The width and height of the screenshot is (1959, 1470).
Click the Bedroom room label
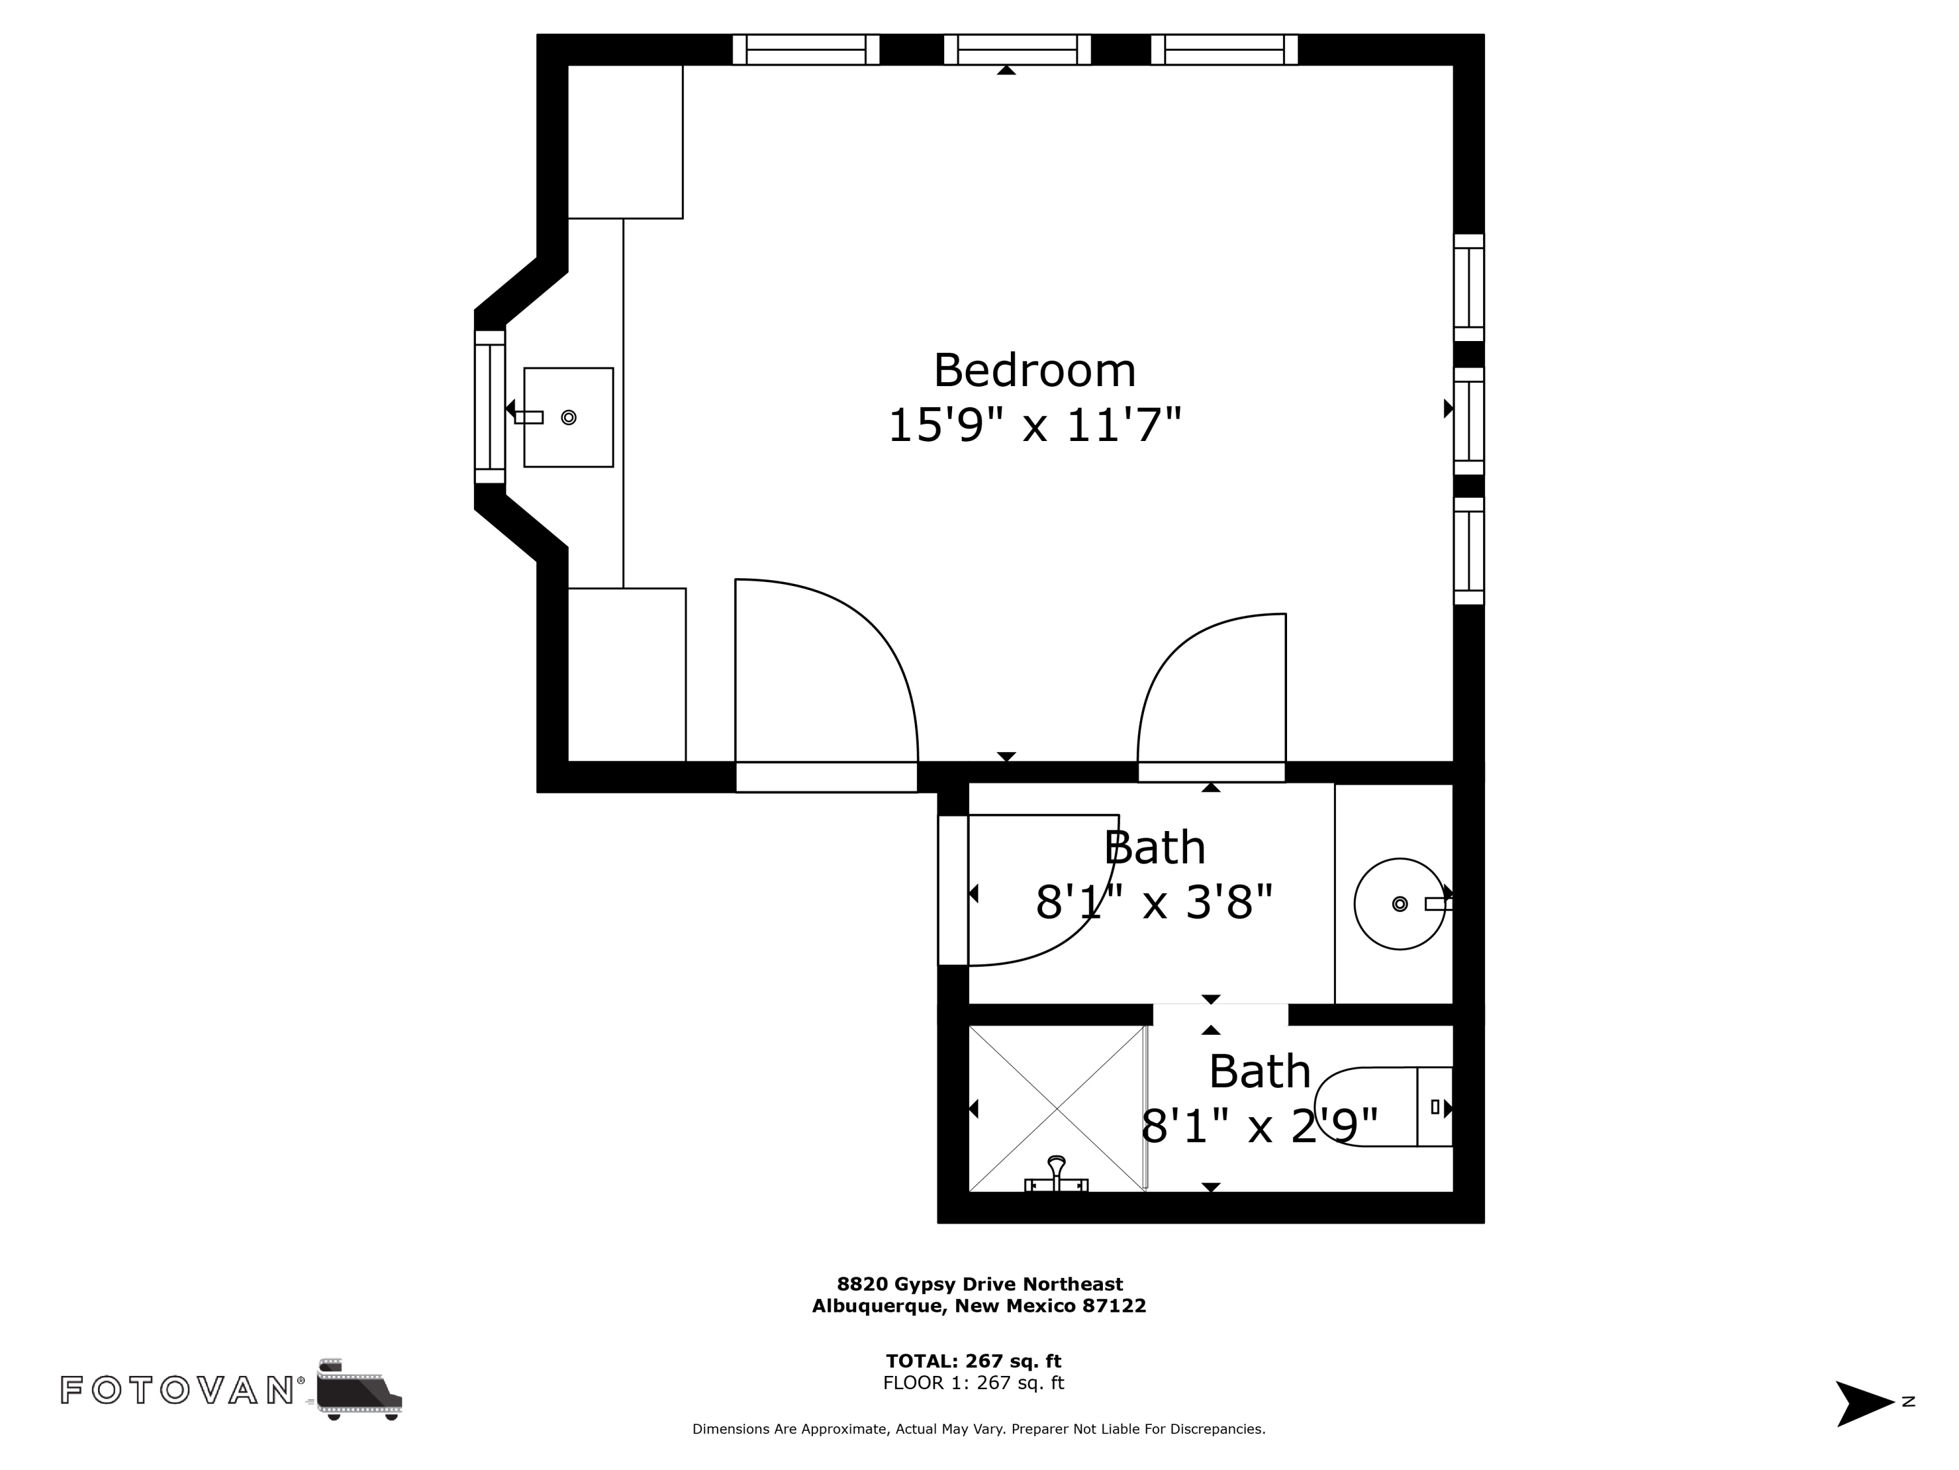[1034, 370]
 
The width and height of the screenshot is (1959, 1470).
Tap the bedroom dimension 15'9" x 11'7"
[1034, 425]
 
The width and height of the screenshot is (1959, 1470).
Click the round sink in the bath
[1399, 904]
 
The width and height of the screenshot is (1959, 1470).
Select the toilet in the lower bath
[1382, 1107]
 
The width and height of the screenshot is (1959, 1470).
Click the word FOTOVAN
[177, 1390]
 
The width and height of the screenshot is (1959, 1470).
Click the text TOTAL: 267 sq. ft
[974, 1361]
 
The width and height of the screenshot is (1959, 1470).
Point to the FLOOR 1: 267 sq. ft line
[974, 1382]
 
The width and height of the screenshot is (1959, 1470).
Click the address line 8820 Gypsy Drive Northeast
[979, 1284]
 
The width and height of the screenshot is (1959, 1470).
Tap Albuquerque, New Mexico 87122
[979, 1305]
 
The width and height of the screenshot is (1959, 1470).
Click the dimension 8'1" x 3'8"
[1153, 902]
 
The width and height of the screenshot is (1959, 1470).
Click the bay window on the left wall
[490, 407]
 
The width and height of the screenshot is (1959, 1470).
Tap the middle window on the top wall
[1017, 50]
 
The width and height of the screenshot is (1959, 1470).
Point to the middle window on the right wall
[1469, 421]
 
